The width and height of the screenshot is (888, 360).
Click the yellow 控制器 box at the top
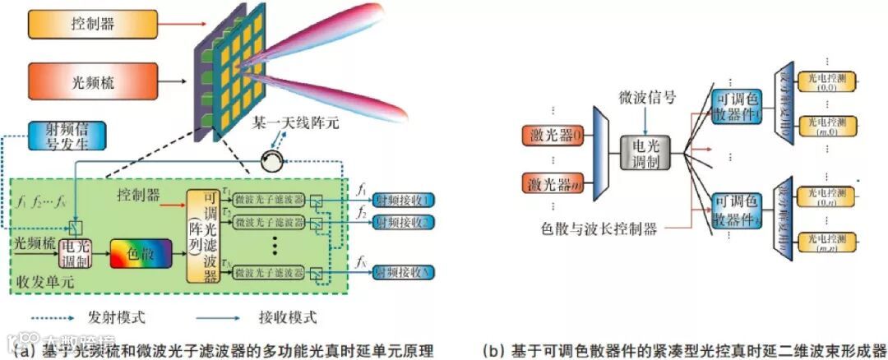pyautogui.click(x=92, y=25)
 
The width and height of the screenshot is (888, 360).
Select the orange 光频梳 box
pyautogui.click(x=92, y=81)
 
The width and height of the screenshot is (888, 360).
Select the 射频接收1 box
pyautogui.click(x=405, y=200)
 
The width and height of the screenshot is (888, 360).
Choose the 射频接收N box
pyautogui.click(x=405, y=271)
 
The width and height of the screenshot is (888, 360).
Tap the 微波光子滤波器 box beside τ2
pyautogui.click(x=269, y=221)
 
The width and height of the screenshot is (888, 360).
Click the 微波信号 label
pyautogui.click(x=647, y=98)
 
